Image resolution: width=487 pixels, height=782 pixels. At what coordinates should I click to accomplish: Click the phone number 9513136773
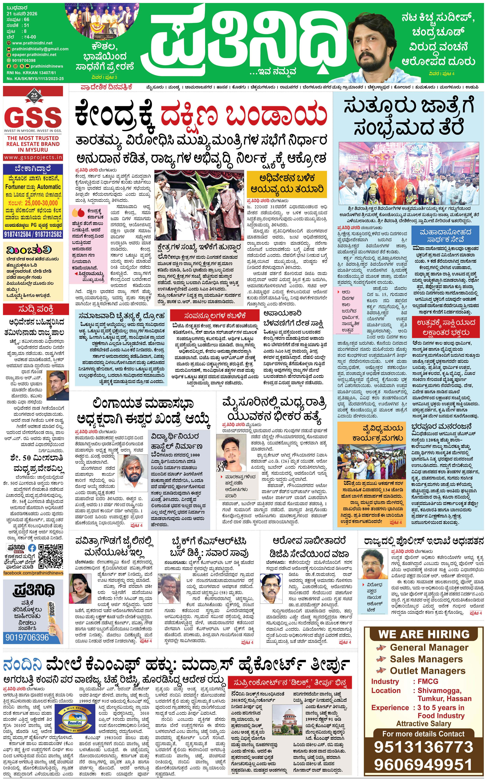(424, 747)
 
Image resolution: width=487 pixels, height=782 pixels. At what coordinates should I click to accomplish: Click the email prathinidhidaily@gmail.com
(40, 49)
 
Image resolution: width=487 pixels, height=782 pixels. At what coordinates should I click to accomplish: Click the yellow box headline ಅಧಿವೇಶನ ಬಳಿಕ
(287, 178)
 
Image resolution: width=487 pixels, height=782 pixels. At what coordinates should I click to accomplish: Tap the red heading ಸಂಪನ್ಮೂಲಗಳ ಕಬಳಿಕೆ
(215, 315)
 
